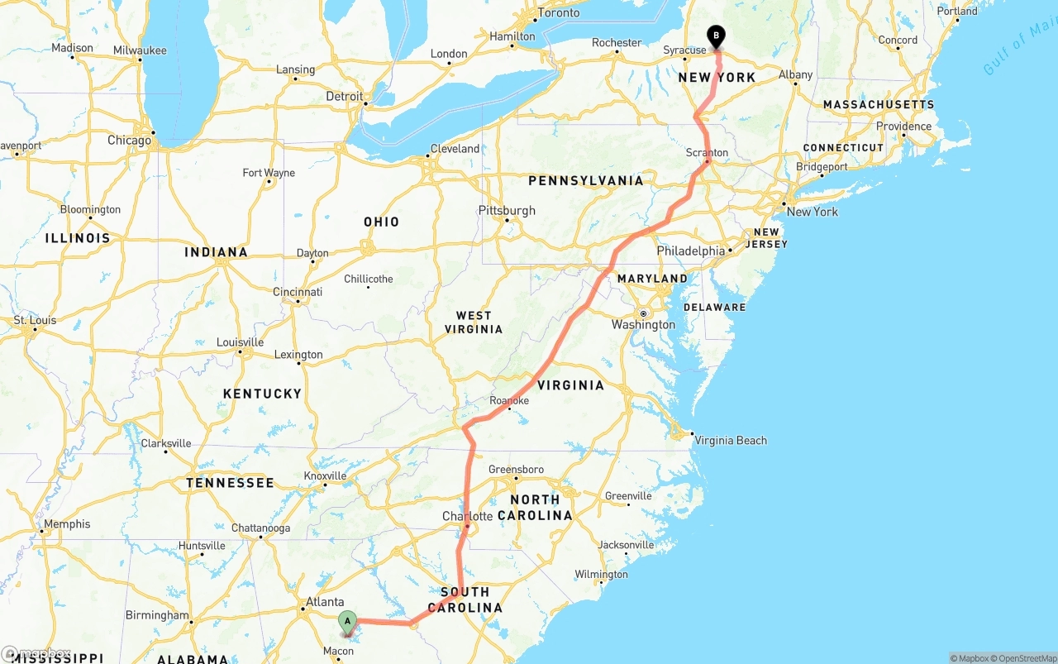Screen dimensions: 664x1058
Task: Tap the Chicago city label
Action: (129, 141)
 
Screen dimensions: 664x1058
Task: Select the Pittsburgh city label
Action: (507, 211)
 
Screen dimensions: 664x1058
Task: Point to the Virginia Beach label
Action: (731, 441)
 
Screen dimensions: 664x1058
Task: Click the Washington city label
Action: (644, 325)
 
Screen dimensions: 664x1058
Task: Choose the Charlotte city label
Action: (467, 517)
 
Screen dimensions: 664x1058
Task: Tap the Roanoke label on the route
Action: (509, 401)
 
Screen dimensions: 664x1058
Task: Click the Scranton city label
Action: (707, 153)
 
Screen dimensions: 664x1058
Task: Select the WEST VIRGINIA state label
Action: (474, 322)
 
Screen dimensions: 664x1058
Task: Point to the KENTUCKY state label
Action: (263, 394)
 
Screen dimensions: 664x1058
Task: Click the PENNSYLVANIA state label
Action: (585, 181)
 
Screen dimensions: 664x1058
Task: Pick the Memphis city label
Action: (67, 524)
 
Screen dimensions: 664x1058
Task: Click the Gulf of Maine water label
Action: (1016, 50)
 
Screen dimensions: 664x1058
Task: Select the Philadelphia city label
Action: (690, 251)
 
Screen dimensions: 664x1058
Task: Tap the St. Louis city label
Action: (35, 321)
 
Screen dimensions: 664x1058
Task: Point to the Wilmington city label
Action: (601, 575)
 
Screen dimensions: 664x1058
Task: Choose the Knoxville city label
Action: (325, 476)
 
